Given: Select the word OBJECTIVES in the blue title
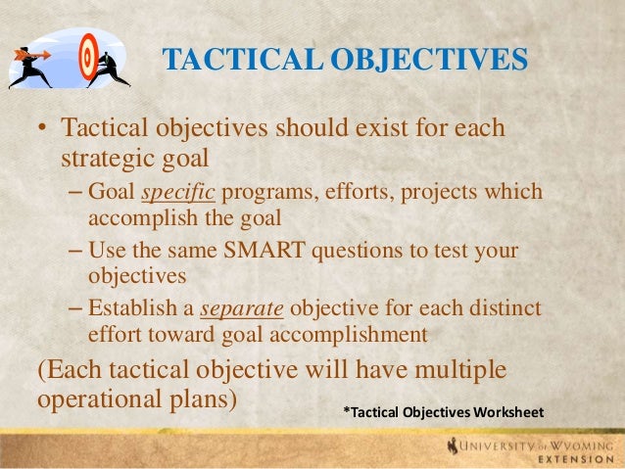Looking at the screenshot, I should [x=430, y=62].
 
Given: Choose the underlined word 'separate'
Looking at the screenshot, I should [x=242, y=311].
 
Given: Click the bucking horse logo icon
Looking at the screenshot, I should [x=453, y=447].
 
